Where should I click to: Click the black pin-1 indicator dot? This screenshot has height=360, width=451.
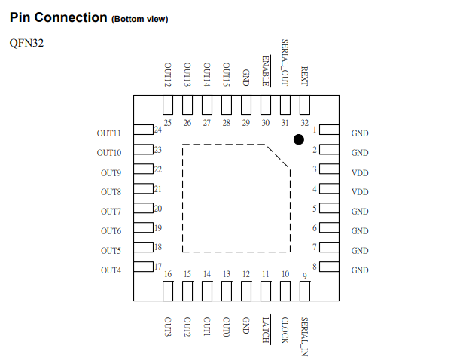pos(299,139)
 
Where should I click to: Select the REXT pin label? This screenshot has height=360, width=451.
pos(304,76)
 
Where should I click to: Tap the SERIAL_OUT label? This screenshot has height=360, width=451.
pos(285,63)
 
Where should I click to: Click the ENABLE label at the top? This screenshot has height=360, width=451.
pos(266,71)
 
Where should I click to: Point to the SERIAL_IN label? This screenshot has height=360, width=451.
pos(304,337)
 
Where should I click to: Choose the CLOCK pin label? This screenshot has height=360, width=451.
pos(285,330)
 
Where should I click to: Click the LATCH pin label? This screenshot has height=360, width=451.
pos(266,330)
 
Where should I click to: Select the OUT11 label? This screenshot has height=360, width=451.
pos(108,133)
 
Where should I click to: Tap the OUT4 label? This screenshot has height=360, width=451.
pos(111,270)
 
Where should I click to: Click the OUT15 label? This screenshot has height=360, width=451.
pos(227,75)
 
